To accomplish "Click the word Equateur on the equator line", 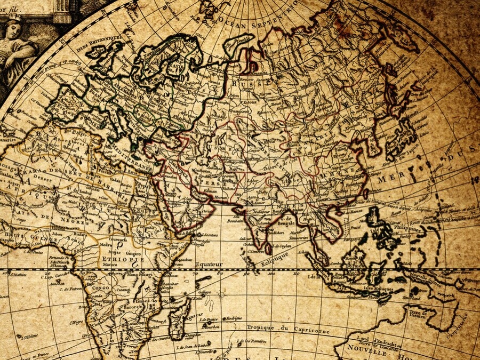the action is click(x=208, y=264).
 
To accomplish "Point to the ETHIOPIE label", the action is click(x=114, y=258).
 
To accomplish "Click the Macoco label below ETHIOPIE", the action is click(x=110, y=264).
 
